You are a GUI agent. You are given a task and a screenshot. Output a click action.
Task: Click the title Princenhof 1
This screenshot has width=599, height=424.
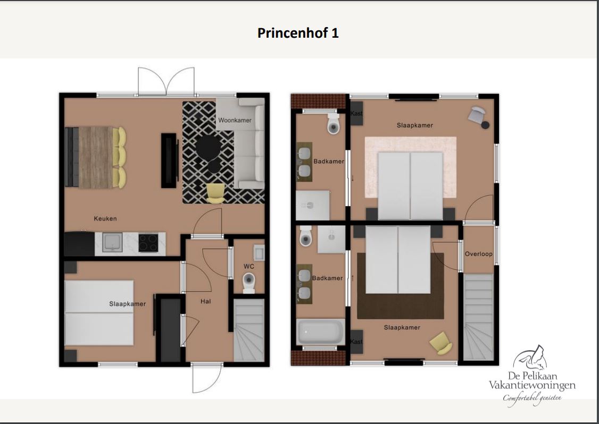tap(298, 33)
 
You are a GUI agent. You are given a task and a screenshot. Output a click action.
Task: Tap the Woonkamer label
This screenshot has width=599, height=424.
tap(235, 120)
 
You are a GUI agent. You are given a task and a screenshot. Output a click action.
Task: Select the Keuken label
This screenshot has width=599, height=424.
tap(105, 219)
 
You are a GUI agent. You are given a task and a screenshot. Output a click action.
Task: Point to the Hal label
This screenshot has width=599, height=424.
tap(205, 301)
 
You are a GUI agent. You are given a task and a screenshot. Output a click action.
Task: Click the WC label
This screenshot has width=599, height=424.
tap(249, 266)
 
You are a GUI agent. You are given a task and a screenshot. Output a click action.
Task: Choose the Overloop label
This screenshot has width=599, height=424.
tap(479, 254)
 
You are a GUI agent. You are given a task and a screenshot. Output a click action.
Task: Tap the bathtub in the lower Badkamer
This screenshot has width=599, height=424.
tap(320, 332)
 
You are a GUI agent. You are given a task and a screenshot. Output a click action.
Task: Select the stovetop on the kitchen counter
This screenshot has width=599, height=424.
tap(148, 242)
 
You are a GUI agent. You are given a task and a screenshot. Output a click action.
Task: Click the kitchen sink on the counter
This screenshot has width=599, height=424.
tap(113, 242)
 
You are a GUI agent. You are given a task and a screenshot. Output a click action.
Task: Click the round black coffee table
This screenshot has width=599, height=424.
tap(209, 147)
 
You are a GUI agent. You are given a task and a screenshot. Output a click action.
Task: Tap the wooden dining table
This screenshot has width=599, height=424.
tap(96, 157)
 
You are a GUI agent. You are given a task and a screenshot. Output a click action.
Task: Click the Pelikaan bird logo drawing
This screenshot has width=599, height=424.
tap(530, 358)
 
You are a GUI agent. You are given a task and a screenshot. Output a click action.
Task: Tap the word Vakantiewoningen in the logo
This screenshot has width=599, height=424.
tap(532, 385)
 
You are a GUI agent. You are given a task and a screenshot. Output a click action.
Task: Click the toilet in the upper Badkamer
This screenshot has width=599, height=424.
tap(334, 123)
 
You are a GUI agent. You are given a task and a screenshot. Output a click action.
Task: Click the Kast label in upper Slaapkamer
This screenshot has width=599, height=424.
tap(356, 113)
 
